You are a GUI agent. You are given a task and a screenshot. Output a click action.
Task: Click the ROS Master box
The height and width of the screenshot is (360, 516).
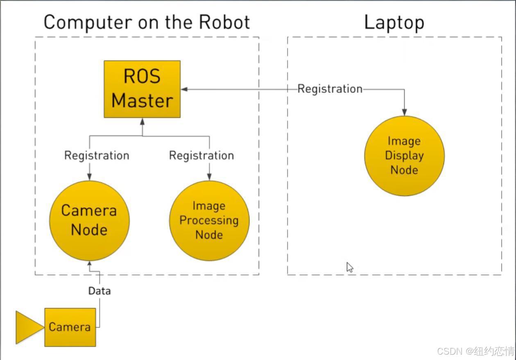(142, 89)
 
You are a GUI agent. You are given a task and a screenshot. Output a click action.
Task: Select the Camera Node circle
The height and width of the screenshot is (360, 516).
(89, 221)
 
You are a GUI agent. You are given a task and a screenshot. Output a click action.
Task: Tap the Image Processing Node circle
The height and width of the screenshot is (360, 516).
(209, 221)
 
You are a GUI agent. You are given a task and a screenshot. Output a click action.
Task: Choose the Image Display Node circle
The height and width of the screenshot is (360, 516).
(405, 156)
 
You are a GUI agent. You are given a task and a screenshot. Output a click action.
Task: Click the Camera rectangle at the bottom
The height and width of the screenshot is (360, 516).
(70, 327)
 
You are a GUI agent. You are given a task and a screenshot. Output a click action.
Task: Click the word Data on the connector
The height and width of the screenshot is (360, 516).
(100, 291)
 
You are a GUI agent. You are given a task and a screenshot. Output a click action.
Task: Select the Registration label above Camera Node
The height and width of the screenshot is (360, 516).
(97, 156)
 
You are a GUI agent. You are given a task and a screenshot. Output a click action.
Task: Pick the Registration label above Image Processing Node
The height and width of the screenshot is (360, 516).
(201, 156)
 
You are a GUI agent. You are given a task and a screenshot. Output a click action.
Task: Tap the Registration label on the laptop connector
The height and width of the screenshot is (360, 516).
(330, 89)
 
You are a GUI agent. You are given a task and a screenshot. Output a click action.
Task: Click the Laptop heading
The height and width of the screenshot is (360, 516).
(394, 23)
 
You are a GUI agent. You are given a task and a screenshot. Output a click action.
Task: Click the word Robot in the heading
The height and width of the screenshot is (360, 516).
(224, 22)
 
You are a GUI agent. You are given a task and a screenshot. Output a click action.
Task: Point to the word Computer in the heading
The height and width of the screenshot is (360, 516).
(88, 23)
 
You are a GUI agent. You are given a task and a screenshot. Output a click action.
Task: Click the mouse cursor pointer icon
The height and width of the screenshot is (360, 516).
(349, 267)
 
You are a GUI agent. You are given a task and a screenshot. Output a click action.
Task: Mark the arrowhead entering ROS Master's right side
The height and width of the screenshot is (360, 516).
(184, 89)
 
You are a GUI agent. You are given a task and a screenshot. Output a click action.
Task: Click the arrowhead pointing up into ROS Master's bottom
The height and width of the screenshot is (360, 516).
(143, 122)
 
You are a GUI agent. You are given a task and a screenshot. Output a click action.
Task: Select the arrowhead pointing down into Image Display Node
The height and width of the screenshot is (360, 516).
(404, 112)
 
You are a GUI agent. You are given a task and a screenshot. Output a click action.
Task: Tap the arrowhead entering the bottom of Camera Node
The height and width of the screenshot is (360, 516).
(90, 263)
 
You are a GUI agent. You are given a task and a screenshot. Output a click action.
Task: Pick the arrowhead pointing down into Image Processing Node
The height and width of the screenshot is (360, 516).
(209, 177)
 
